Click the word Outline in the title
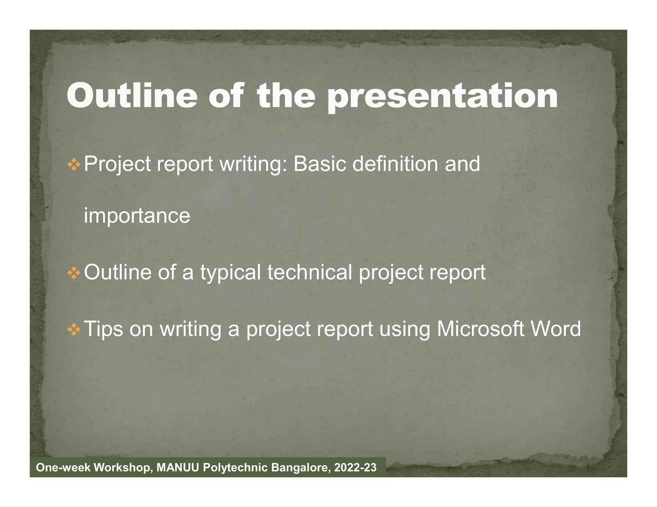(132, 96)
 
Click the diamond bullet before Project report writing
(74, 165)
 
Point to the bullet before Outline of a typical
(74, 273)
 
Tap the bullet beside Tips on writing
(74, 329)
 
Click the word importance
(137, 216)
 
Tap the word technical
(310, 272)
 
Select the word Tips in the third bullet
(103, 329)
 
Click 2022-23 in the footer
(355, 468)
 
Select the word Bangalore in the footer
(301, 468)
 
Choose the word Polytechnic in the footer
(235, 468)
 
